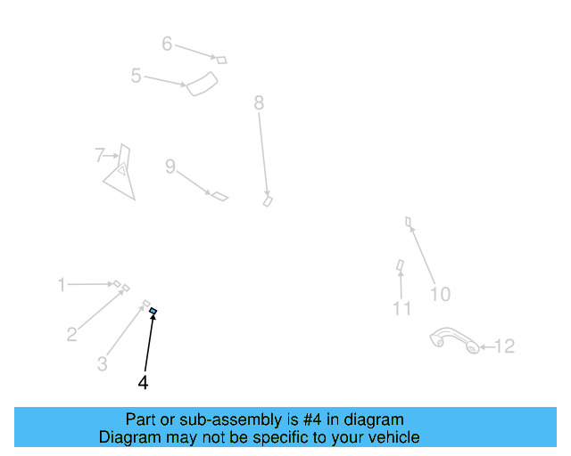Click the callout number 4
pyautogui.click(x=143, y=382)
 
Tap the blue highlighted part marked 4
pyautogui.click(x=153, y=310)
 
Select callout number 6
pyautogui.click(x=167, y=43)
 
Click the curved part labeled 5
pyautogui.click(x=203, y=85)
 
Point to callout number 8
pyautogui.click(x=259, y=103)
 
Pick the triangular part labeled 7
pyautogui.click(x=120, y=173)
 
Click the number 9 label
pyautogui.click(x=170, y=167)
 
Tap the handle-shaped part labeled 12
pyautogui.click(x=454, y=341)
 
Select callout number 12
pyautogui.click(x=504, y=346)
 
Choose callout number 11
pyautogui.click(x=401, y=309)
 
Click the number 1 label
pyautogui.click(x=62, y=285)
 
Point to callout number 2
pyautogui.click(x=72, y=335)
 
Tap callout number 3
pyautogui.click(x=103, y=363)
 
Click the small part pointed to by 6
pyautogui.click(x=222, y=60)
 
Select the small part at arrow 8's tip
pyautogui.click(x=267, y=201)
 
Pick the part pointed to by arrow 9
pyautogui.click(x=219, y=195)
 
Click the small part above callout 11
pyautogui.click(x=401, y=265)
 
